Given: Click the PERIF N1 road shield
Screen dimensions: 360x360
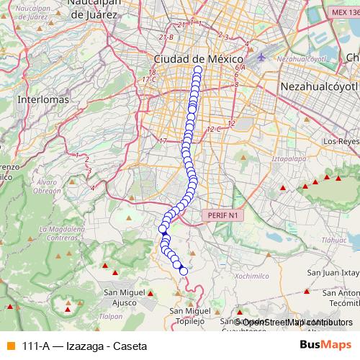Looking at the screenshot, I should click(x=222, y=215).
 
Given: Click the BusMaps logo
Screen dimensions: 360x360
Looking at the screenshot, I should click(x=325, y=345).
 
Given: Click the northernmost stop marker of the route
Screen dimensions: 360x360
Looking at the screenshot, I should click(x=197, y=70).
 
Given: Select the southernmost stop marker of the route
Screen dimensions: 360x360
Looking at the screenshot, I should click(x=183, y=271).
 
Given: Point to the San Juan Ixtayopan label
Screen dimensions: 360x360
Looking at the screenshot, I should click(x=333, y=273).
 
